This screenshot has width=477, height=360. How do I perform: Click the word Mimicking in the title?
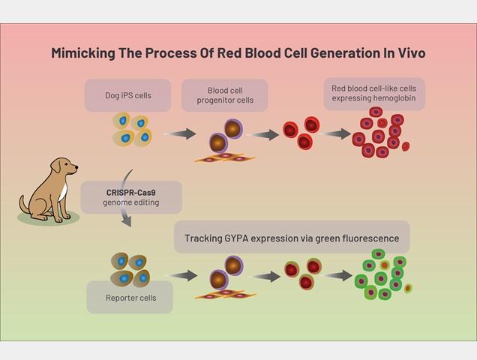pyautogui.click(x=83, y=53)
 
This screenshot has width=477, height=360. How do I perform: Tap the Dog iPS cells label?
pyautogui.click(x=128, y=95)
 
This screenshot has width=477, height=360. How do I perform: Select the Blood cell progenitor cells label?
pyautogui.click(x=225, y=95)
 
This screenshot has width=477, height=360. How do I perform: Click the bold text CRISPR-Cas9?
pyautogui.click(x=130, y=193)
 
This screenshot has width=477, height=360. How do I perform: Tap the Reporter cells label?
pyautogui.click(x=130, y=298)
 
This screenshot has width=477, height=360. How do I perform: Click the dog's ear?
pyautogui.click(x=56, y=166)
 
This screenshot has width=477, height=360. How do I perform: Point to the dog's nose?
pyautogui.click(x=76, y=166)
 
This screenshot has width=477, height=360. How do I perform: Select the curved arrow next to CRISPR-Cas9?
pyautogui.click(x=125, y=198)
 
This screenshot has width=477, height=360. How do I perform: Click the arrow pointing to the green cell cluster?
pyautogui.click(x=337, y=275)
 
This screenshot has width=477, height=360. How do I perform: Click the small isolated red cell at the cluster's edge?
pyautogui.click(x=406, y=146)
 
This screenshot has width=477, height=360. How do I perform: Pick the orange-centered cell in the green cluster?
pyautogui.click(x=385, y=265)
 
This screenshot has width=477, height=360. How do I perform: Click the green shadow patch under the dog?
pyautogui.click(x=49, y=218)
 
